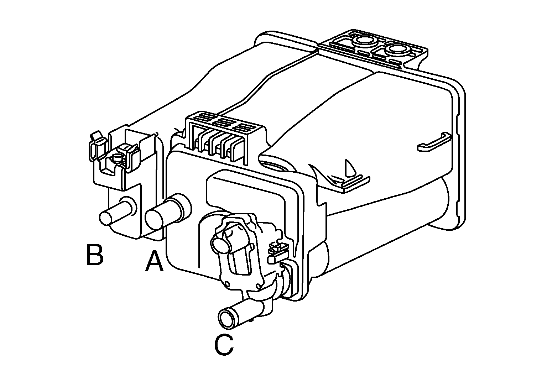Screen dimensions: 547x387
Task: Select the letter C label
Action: point(224,345)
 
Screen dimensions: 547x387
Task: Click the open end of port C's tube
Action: point(227,320)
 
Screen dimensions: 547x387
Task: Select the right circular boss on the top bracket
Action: point(397,49)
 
